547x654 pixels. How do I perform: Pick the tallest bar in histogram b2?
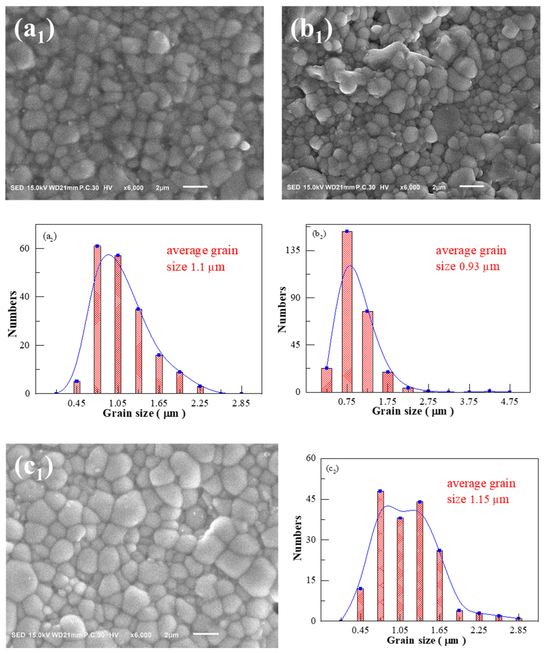point(347,311)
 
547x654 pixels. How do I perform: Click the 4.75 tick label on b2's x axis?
point(509,402)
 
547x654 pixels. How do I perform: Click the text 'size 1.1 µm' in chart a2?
point(196,267)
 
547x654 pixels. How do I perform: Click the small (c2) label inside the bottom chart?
point(332,468)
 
